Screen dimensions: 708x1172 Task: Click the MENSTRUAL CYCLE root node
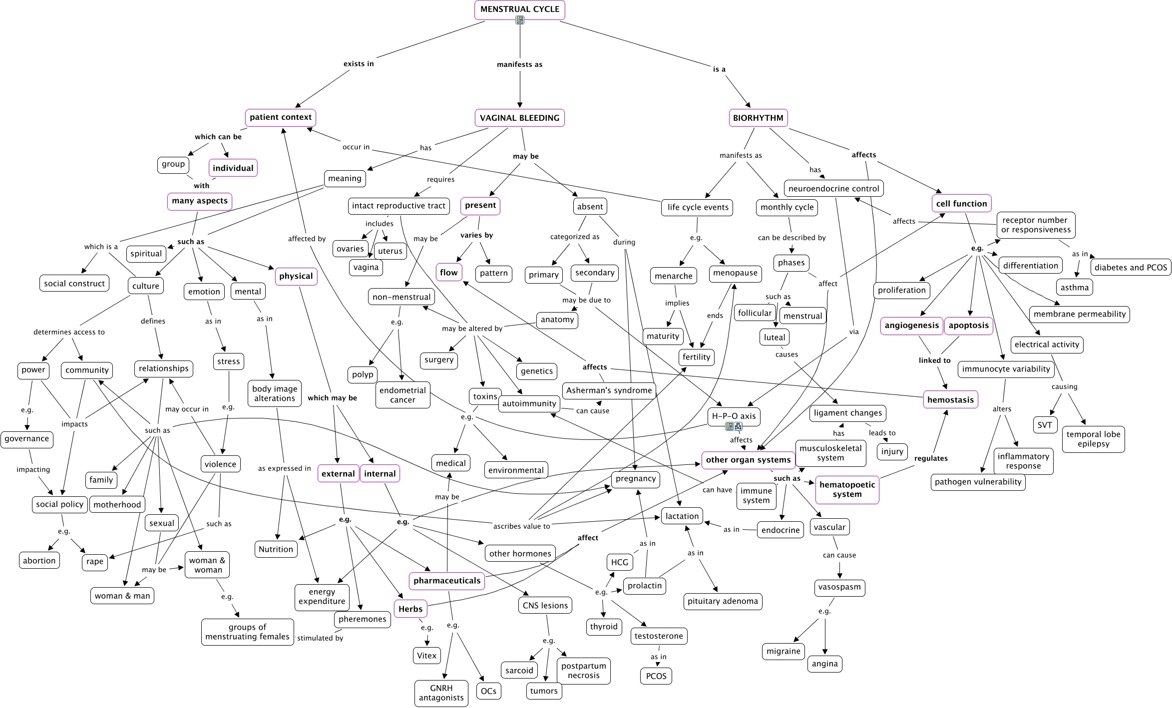coord(519,9)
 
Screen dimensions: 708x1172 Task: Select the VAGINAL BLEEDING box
coord(519,118)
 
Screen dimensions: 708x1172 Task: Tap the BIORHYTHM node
coord(758,118)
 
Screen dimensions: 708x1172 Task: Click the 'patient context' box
coord(280,117)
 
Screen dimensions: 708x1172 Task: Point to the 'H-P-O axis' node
coord(734,416)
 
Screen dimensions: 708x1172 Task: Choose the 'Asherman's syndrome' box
coord(609,390)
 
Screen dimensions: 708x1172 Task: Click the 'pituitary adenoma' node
coord(723,601)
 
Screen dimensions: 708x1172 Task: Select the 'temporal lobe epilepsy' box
coord(1093,439)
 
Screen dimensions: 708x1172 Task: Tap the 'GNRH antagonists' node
coord(441,693)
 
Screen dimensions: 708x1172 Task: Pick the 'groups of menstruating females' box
coord(247,632)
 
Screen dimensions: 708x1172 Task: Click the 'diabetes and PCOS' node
coord(1131,267)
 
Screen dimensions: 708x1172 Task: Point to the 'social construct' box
coord(74,283)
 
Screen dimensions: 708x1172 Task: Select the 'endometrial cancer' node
coord(402,395)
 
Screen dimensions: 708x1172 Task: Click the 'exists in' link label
coord(358,63)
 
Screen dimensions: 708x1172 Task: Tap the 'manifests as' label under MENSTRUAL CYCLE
coord(519,64)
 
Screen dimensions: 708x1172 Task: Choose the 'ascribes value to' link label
coord(521,526)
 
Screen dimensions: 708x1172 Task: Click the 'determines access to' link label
coord(69,332)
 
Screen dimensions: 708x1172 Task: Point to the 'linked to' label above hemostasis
coord(934,360)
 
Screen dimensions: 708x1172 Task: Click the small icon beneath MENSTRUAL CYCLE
coord(520,20)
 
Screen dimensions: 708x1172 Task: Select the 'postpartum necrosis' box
coord(583,671)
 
